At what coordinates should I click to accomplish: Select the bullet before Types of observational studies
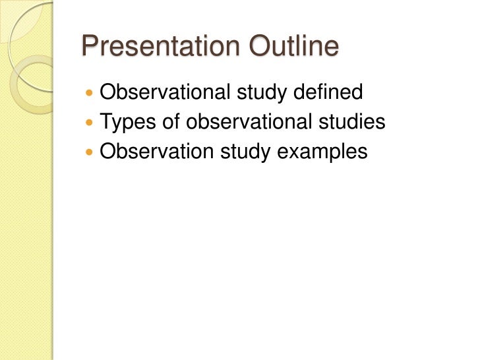[x=90, y=123]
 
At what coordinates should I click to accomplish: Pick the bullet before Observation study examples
[x=90, y=152]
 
